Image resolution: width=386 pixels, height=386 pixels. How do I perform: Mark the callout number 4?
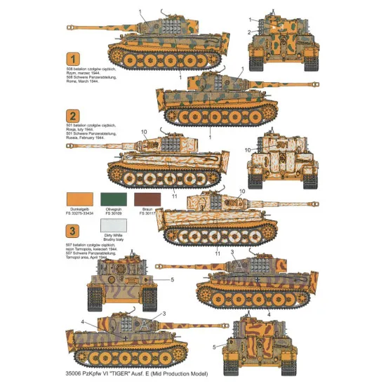coord(82,322)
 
